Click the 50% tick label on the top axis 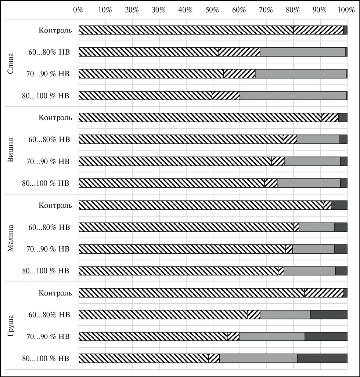coord(212,10)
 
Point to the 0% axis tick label coord(78,10)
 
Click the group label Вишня coord(11,151)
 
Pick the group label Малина coord(11,238)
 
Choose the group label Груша coord(11,326)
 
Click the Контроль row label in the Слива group coord(55,30)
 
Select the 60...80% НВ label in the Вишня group coord(49,139)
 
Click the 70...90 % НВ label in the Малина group coord(48,249)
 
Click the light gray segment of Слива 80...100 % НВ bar coord(293,96)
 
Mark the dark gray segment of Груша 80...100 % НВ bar coord(322,358)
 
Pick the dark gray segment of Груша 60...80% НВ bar coord(328,315)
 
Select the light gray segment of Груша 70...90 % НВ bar coord(272,336)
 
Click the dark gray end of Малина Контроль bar coord(339,205)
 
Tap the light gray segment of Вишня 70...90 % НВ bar coord(312,162)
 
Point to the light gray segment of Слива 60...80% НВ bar coord(302,52)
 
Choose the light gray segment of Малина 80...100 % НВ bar coord(310,271)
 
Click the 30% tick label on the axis coord(158,10)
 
